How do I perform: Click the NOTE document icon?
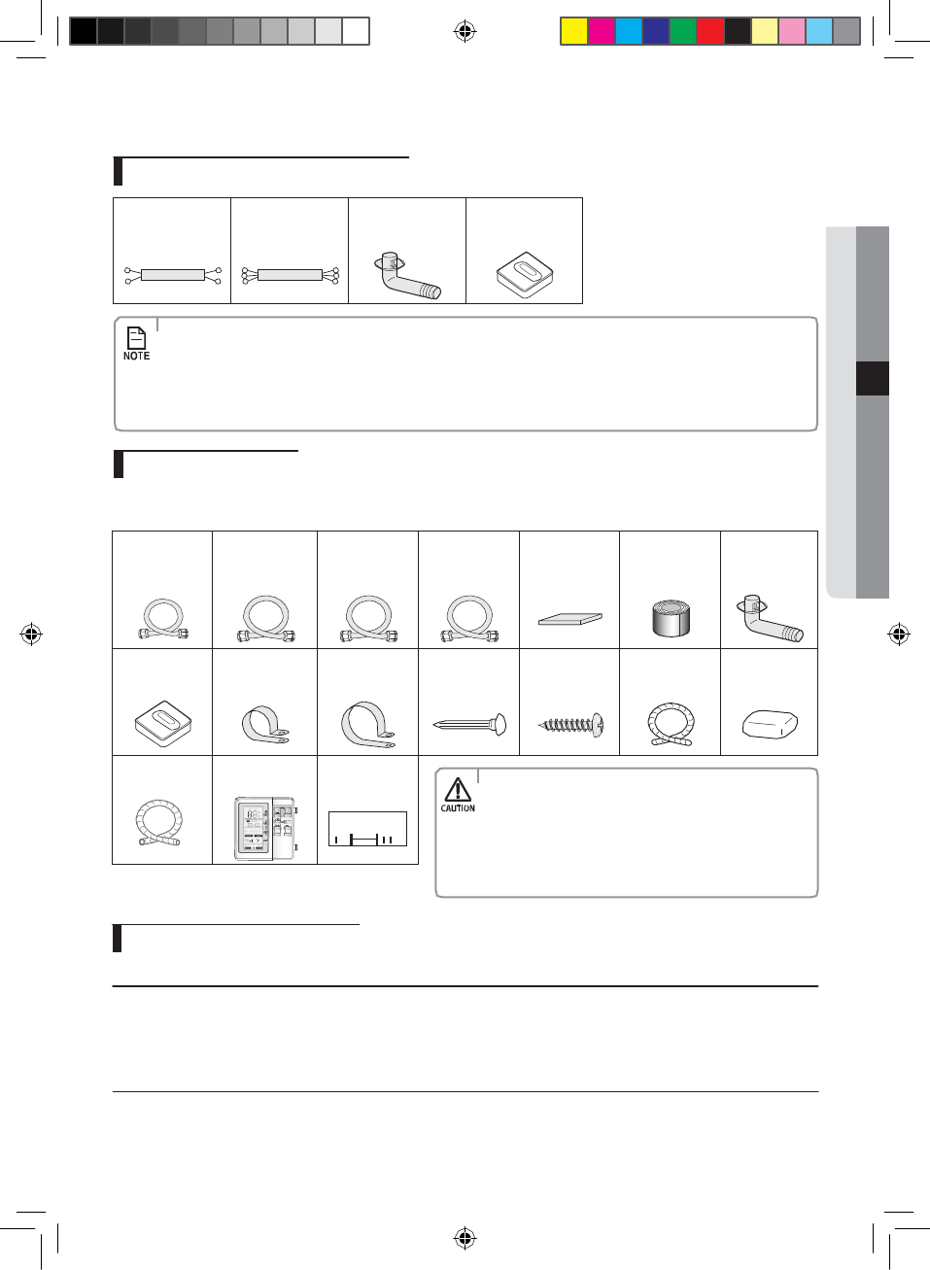coord(136,337)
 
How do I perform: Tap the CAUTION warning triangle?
coord(458,789)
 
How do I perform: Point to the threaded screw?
coord(571,724)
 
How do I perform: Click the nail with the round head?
coord(470,724)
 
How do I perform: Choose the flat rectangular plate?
coord(570,618)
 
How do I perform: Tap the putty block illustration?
coord(770,724)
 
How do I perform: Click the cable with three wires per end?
coord(290,275)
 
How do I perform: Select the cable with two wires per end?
coord(172,275)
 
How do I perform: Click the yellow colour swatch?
coord(573,31)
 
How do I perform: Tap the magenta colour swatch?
coord(601,31)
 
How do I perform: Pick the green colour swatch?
coord(682,31)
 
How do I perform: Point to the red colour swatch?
coord(709,31)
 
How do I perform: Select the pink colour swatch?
coord(791,31)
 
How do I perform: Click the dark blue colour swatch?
coord(655,31)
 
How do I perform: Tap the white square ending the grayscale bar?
coord(356,31)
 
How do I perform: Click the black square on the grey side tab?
coord(873,378)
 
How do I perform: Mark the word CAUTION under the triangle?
coord(458,808)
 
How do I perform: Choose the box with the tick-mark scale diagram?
coord(367,829)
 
